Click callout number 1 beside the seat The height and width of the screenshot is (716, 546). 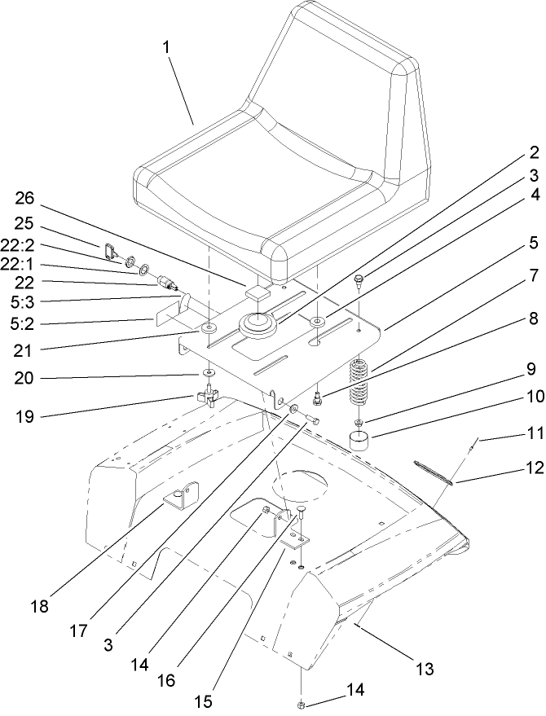pyautogui.click(x=167, y=47)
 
